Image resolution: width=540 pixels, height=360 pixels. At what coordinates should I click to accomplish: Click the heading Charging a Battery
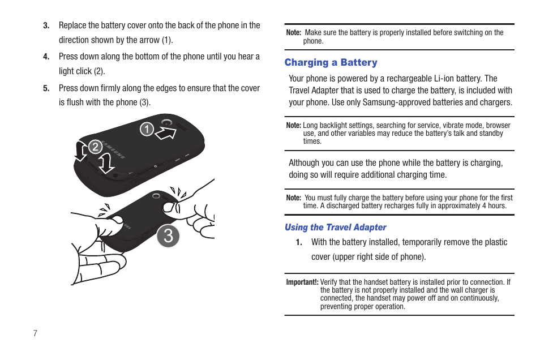pos(331,62)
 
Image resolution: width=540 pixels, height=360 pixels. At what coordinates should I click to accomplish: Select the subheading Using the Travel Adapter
pos(335,227)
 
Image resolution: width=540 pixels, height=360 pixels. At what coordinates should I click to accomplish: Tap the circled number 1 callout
pos(147,130)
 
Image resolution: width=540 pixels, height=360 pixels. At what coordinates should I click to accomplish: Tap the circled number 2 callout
pos(95,147)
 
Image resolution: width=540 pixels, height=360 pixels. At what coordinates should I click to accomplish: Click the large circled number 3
pos(168,236)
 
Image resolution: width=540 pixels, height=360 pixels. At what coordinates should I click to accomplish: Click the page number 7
pos(35,333)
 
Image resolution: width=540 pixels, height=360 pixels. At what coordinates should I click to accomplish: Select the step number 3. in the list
pos(46,25)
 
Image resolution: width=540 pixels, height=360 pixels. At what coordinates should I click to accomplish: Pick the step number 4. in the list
pos(46,57)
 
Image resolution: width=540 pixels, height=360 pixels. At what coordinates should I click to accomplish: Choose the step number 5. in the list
pos(46,88)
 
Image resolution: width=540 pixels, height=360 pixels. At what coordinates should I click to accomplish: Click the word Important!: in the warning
pos(302,282)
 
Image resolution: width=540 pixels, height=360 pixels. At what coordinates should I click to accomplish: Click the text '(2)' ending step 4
pos(99,71)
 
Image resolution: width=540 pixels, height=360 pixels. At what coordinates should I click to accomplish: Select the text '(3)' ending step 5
pos(144,102)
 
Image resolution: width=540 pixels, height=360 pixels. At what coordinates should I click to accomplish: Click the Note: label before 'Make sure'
pos(293,33)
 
